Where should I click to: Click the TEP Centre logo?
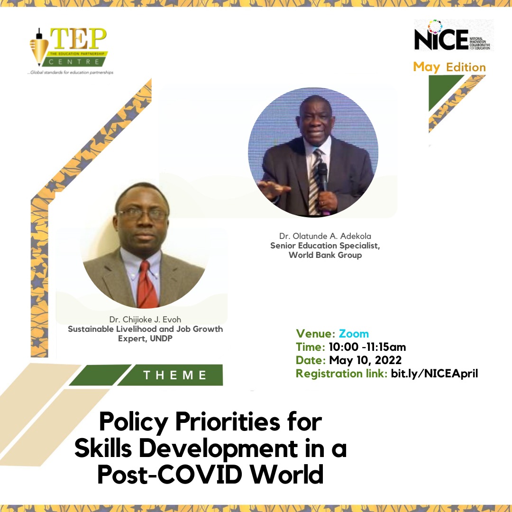(71, 50)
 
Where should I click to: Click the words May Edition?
(449, 67)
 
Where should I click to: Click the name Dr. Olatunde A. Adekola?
(325, 236)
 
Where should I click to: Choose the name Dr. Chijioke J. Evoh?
(145, 320)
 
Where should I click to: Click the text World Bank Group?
(325, 256)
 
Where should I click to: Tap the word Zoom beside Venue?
(354, 334)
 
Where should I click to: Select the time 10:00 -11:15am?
(367, 347)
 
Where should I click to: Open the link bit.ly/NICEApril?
(434, 373)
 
